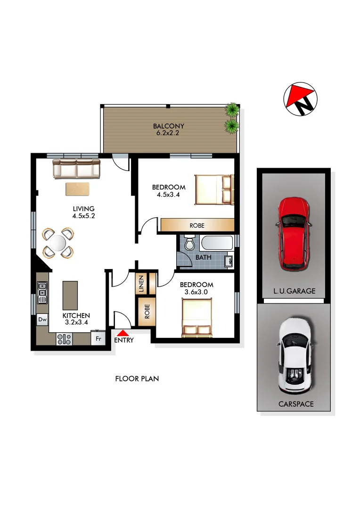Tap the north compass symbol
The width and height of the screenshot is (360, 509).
pyautogui.click(x=301, y=100)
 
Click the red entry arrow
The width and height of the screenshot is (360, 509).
pyautogui.click(x=123, y=333)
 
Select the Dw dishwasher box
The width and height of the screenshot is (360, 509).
pyautogui.click(x=42, y=320)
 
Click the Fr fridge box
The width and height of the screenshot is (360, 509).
pyautogui.click(x=98, y=338)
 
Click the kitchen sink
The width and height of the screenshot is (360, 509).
pyautogui.click(x=42, y=292)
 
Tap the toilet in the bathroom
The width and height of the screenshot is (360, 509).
pyautogui.click(x=190, y=244)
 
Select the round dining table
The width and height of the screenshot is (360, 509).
pyautogui.click(x=57, y=243)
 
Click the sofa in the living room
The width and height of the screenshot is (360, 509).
pyautogui.click(x=76, y=169)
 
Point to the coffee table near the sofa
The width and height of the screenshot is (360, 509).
pyautogui.click(x=77, y=189)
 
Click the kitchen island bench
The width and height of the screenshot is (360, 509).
pyautogui.click(x=70, y=295)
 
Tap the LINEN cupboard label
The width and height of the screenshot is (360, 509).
pyautogui.click(x=141, y=284)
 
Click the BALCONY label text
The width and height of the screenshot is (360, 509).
pyautogui.click(x=168, y=126)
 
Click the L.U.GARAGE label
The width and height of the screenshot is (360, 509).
pyautogui.click(x=294, y=291)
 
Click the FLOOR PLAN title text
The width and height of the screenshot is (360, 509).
pyautogui.click(x=137, y=378)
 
